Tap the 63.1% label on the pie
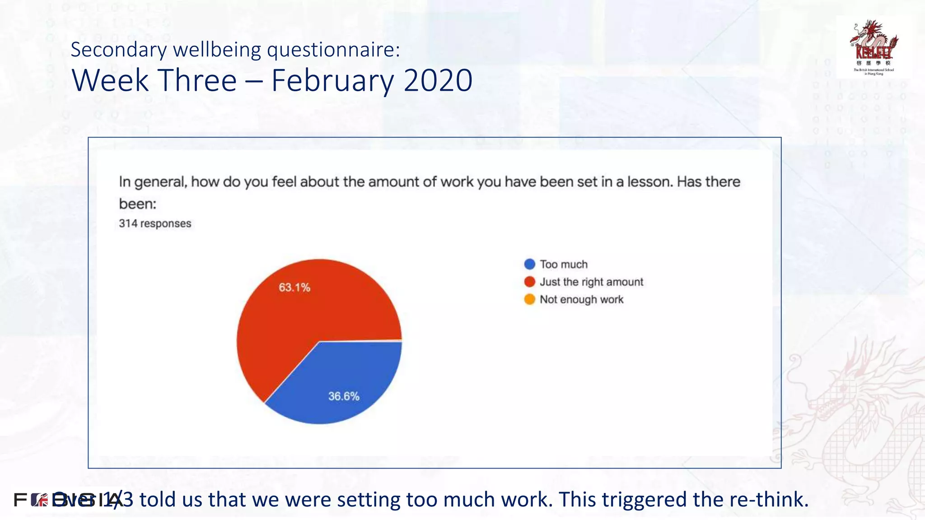[294, 288]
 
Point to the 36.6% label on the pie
[344, 396]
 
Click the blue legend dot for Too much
[530, 264]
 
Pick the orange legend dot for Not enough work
[530, 299]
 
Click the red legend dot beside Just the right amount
[530, 282]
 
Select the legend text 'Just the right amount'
[591, 282]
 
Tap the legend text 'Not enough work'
[581, 300]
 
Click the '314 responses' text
[155, 223]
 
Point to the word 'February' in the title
[333, 81]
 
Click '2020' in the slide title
[438, 81]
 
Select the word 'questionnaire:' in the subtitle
[333, 50]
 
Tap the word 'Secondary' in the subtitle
[119, 50]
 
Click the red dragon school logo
[874, 46]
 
